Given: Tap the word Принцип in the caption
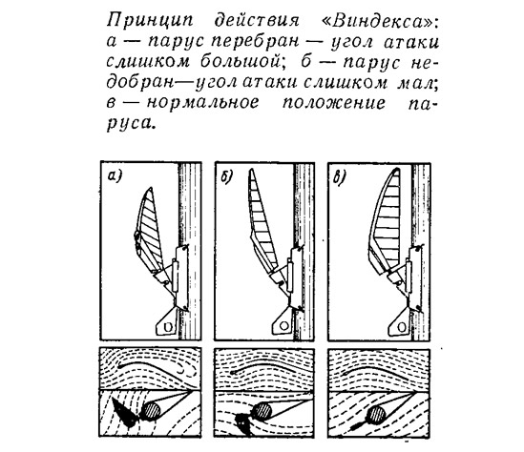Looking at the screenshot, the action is pos(150,22).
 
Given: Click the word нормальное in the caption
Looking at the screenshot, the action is pos(202,102).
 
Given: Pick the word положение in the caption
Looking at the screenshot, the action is pos(334,103).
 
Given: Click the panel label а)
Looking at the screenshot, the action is pos(114,176).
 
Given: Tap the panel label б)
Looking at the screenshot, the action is pos(226,177).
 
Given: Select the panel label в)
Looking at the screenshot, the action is pos(340,178).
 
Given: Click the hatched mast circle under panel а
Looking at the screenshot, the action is pos(153,410).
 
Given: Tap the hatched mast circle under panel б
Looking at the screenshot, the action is pos(262,410).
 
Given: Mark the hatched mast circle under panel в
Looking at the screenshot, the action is pos(376,414).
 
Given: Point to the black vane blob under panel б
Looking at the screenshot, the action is pos(243,423).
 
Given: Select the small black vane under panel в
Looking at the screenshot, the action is pos(357,425).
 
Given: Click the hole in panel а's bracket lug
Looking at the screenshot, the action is pos(168,327).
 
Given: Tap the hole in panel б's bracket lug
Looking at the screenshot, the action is pos(283,325).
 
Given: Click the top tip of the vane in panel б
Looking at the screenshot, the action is pos(251,170).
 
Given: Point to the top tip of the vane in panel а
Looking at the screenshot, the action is pos(151,188).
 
